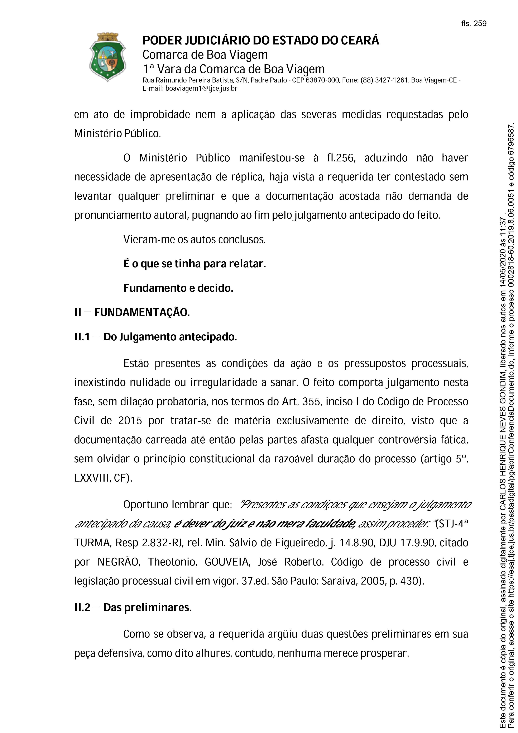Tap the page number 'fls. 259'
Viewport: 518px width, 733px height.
pyautogui.click(x=474, y=24)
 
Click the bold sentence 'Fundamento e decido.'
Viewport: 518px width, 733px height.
pyautogui.click(x=178, y=288)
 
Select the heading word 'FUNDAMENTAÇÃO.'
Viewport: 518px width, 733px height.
pyautogui.click(x=142, y=312)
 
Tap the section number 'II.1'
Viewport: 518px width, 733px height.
pyautogui.click(x=82, y=337)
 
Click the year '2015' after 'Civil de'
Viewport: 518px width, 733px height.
pyautogui.click(x=130, y=421)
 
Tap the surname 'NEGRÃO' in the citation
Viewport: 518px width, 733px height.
pyautogui.click(x=119, y=562)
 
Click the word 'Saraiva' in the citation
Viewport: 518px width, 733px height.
pyautogui.click(x=338, y=581)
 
